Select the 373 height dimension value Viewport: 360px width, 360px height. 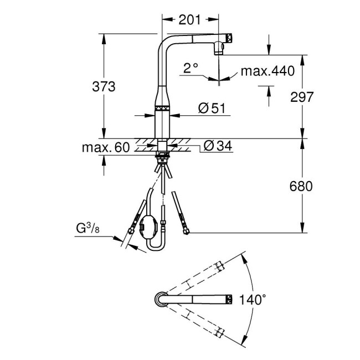(104, 86)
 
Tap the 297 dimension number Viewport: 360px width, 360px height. (302, 97)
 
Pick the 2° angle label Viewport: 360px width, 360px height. (191, 69)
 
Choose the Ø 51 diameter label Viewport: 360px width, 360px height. (210, 109)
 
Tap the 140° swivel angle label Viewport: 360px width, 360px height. (253, 300)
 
